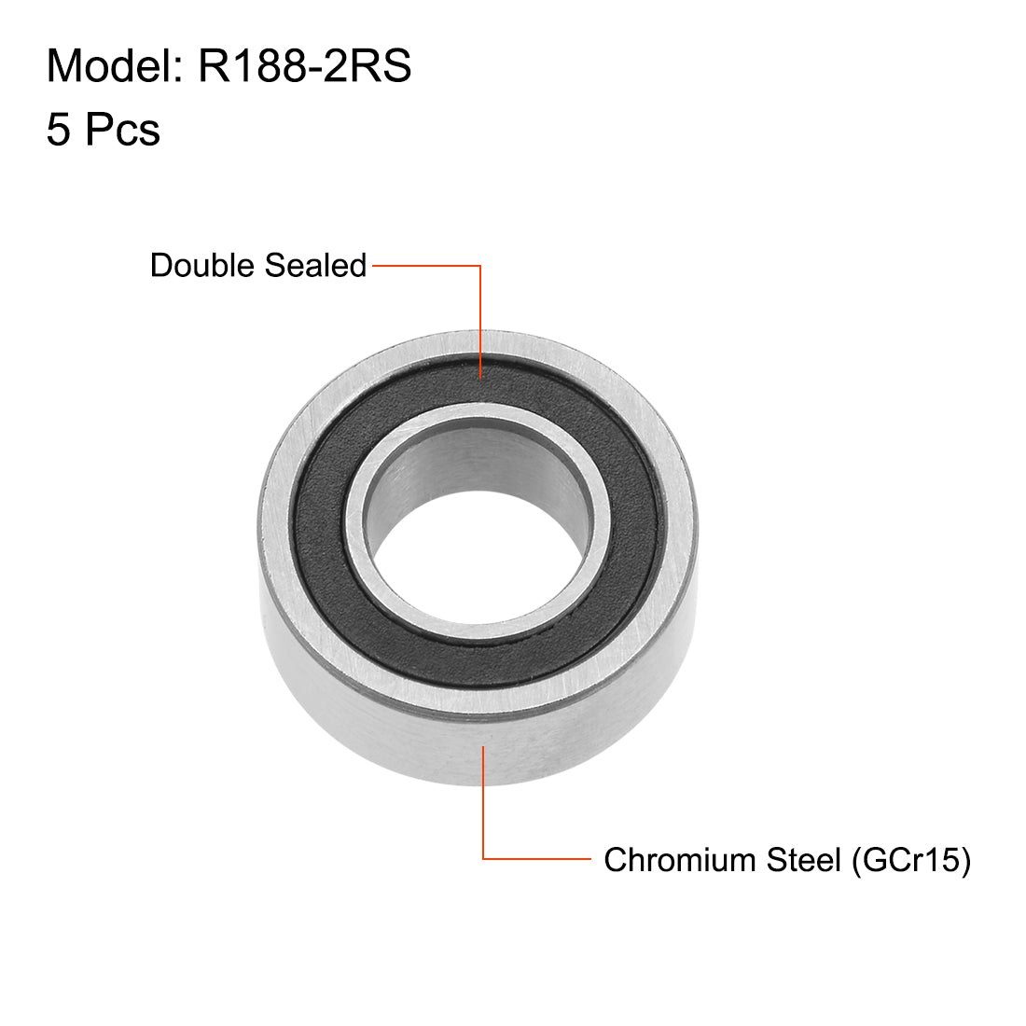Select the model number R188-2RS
(x=304, y=67)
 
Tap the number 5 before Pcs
(x=58, y=130)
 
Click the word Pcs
(x=122, y=130)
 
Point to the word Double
(x=202, y=266)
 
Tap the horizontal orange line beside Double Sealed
(x=425, y=266)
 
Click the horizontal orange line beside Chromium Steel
(x=536, y=859)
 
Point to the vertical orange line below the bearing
(x=483, y=802)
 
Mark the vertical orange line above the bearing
(x=480, y=317)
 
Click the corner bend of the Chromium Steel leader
(x=483, y=859)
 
